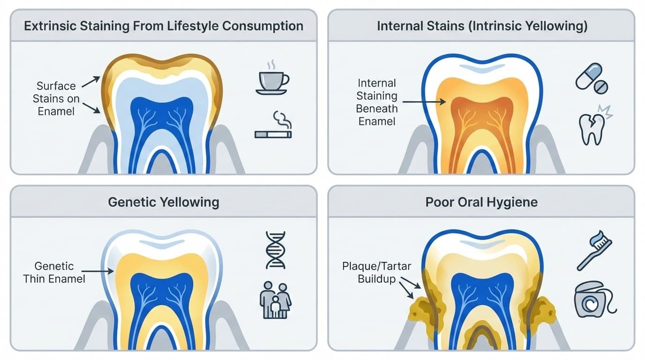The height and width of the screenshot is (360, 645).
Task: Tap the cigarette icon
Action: coord(273,134)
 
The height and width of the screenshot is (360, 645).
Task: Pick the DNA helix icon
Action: coord(275,250)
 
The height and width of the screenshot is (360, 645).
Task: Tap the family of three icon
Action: coord(275,300)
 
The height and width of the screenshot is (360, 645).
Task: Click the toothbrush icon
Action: coord(594,253)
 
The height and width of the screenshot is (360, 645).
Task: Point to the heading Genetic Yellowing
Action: coord(164,202)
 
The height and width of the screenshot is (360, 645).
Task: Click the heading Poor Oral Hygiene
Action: coord(481,202)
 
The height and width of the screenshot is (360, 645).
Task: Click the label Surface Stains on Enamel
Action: coord(56,99)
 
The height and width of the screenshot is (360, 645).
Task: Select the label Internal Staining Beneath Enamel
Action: coord(377,102)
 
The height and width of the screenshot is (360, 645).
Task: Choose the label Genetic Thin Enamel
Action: coord(54,272)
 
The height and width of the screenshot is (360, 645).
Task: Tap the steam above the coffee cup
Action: coord(271,65)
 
